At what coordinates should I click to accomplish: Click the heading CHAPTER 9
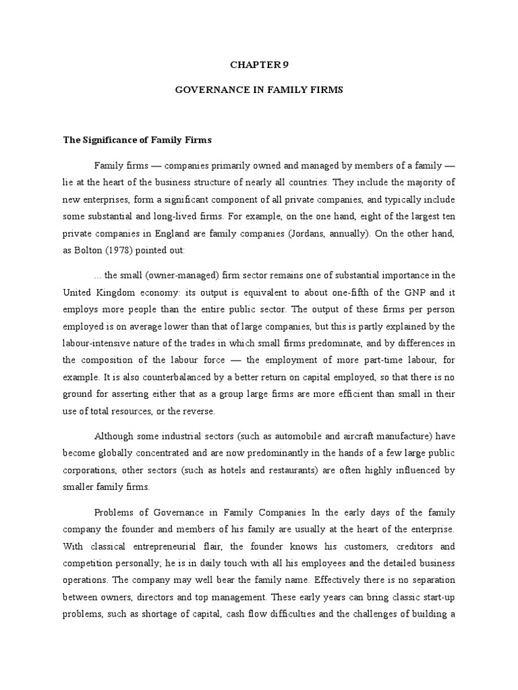(x=259, y=64)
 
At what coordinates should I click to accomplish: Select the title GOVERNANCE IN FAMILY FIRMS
(x=259, y=90)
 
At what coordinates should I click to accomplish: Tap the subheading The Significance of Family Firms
(x=137, y=140)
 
